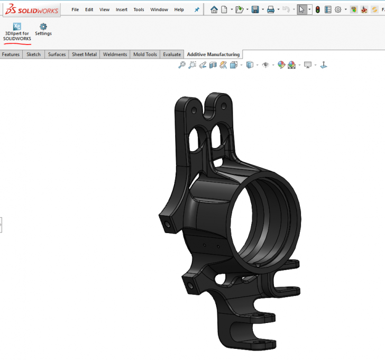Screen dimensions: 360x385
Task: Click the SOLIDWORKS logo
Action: (x=31, y=9)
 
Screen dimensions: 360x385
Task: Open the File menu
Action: (x=75, y=10)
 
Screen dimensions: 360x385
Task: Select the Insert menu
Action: (x=122, y=10)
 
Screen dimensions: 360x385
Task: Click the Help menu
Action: (x=179, y=10)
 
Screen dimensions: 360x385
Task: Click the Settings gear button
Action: (x=43, y=29)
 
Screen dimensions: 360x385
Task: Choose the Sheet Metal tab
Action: (x=84, y=54)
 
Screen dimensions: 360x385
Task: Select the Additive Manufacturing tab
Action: (x=213, y=54)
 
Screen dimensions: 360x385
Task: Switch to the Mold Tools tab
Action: (x=145, y=54)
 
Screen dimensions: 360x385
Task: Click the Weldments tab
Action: (x=115, y=54)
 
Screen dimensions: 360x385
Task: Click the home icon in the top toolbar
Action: (x=214, y=10)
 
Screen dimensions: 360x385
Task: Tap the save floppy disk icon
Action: (x=255, y=10)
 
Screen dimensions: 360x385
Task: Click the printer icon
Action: (x=271, y=10)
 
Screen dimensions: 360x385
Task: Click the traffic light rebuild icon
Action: (x=317, y=10)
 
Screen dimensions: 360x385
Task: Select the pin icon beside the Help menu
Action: (x=197, y=10)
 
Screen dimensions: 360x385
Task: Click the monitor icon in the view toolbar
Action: (x=307, y=65)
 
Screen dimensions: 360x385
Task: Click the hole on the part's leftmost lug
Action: (x=168, y=224)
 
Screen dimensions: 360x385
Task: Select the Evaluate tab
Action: (x=172, y=54)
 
